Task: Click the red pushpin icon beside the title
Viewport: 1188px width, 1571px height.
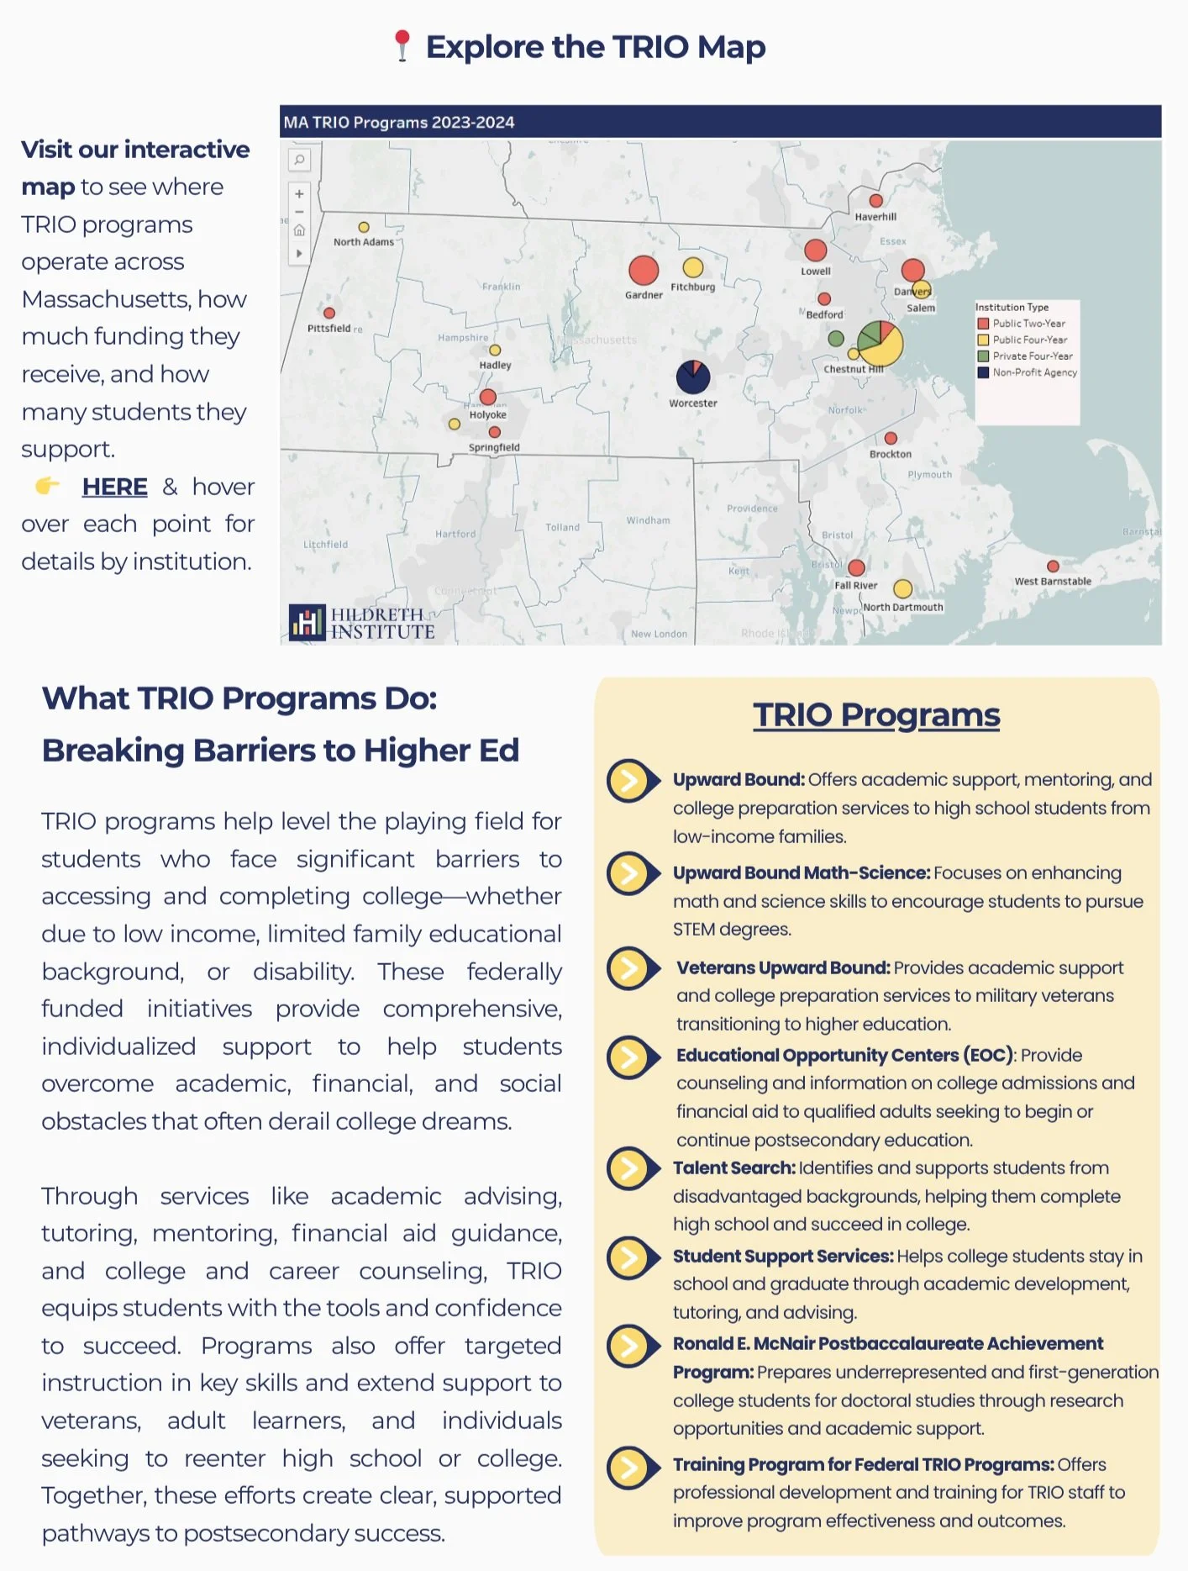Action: click(402, 45)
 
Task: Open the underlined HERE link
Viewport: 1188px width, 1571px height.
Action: click(114, 487)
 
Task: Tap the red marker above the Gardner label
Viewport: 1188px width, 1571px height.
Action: click(644, 270)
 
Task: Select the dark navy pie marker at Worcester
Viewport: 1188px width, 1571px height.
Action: click(693, 377)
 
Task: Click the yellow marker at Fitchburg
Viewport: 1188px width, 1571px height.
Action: click(693, 267)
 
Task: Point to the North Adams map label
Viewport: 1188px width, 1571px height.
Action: click(364, 242)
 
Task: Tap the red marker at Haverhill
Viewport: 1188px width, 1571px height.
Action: click(875, 201)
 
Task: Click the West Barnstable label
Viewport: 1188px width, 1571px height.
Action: click(1053, 581)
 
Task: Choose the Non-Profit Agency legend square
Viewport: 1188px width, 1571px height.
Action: click(982, 372)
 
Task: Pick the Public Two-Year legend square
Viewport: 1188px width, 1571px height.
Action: click(982, 324)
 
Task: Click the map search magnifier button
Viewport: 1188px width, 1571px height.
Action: click(299, 159)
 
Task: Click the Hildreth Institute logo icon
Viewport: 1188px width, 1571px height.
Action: click(307, 622)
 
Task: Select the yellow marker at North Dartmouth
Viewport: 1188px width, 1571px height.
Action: click(902, 588)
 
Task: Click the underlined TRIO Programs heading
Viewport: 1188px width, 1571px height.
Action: click(876, 715)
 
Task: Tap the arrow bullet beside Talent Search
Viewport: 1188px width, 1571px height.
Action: click(631, 1168)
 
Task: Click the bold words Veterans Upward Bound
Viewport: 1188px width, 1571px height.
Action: click(783, 967)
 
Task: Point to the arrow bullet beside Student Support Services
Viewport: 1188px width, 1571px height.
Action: click(631, 1257)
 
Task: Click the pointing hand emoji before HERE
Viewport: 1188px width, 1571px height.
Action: click(48, 486)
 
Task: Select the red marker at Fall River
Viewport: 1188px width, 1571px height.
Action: click(857, 567)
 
